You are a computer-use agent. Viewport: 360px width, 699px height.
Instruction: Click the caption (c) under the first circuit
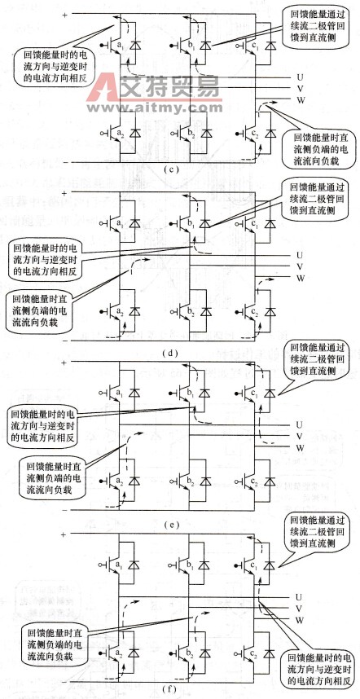180,170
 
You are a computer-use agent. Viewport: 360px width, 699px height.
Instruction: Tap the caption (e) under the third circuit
180,524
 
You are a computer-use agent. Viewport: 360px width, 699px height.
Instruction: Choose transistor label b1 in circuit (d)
188,222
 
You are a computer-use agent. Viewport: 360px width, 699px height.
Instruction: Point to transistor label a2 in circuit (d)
120,312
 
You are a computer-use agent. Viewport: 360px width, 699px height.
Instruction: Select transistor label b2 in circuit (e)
188,483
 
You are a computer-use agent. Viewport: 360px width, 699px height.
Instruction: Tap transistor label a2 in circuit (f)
120,653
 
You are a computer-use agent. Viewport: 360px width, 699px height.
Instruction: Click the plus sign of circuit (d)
65,194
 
